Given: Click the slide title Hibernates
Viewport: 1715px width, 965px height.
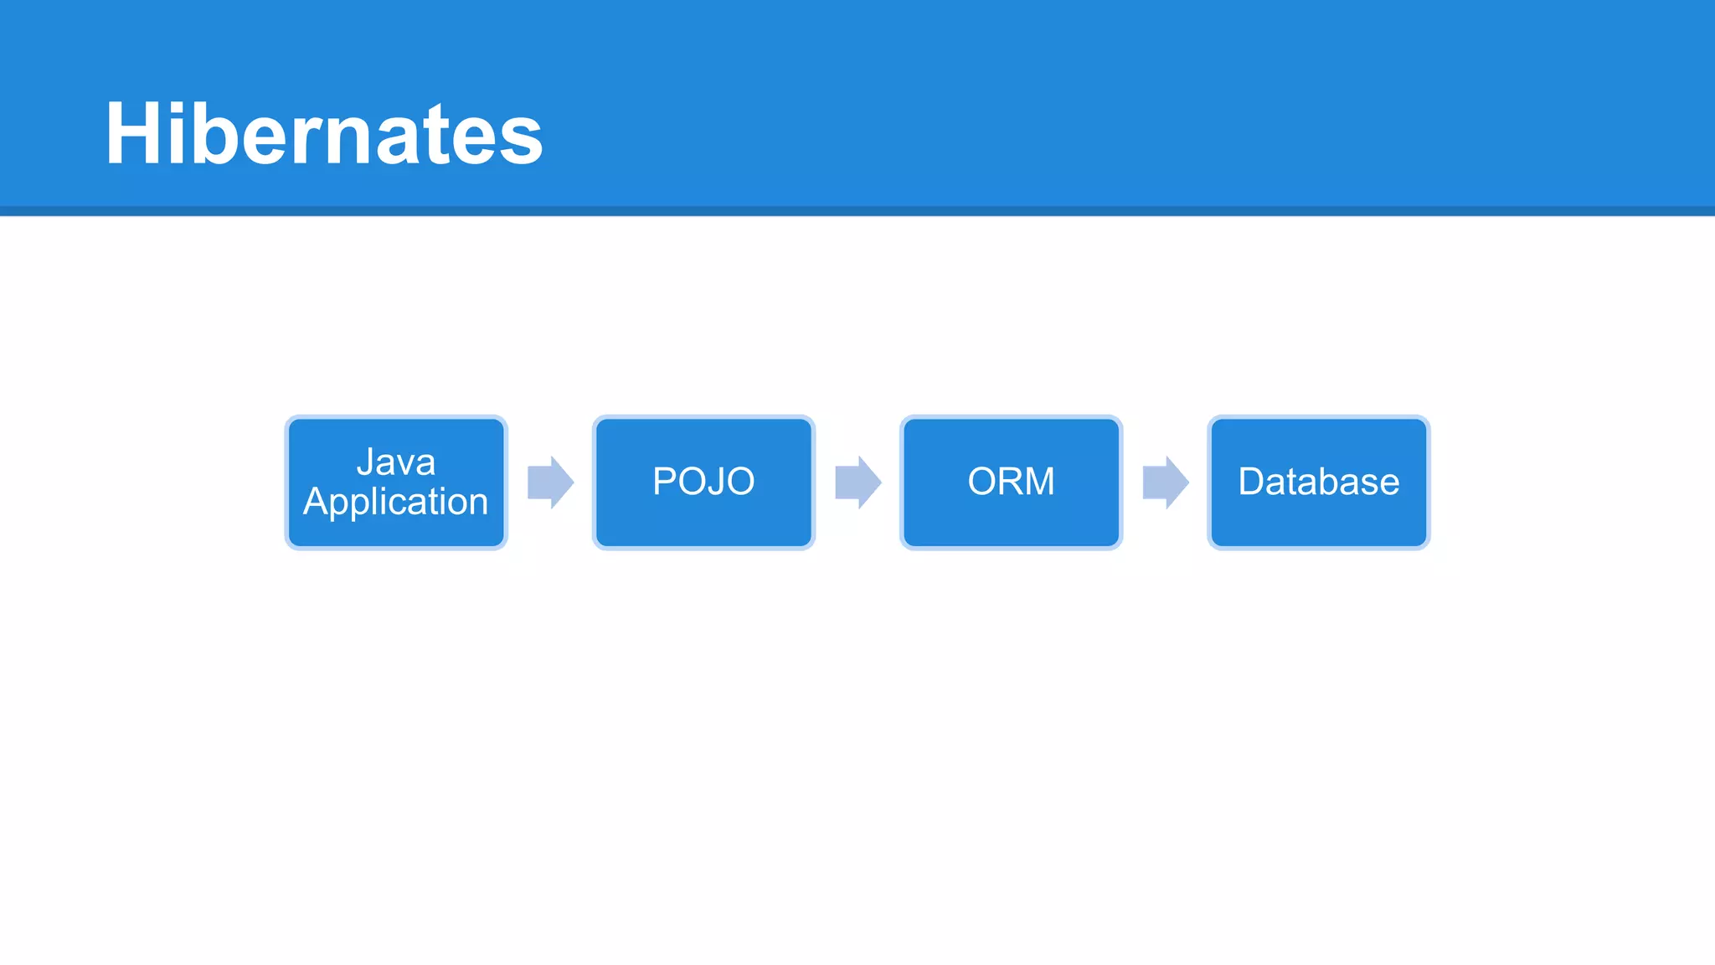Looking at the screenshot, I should click(x=324, y=134).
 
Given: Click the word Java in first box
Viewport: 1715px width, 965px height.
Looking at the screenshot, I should click(x=396, y=462).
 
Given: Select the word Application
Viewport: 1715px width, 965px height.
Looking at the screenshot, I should click(x=396, y=502).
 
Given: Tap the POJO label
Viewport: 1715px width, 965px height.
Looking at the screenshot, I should click(x=703, y=482).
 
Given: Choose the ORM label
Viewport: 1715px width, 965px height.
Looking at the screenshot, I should click(x=1011, y=482).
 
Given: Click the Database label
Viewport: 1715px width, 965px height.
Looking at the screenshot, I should click(x=1319, y=482).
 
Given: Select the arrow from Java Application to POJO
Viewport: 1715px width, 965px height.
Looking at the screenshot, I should click(x=550, y=482).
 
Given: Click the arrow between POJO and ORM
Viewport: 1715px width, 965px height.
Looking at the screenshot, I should click(x=857, y=482).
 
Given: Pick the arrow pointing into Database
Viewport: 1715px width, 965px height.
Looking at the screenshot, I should click(x=1165, y=482).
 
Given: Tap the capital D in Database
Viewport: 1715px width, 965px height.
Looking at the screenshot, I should click(x=1253, y=482).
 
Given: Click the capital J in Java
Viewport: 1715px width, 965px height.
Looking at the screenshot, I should click(x=365, y=462).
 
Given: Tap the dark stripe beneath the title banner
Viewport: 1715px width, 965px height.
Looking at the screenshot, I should click(x=857, y=211).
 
